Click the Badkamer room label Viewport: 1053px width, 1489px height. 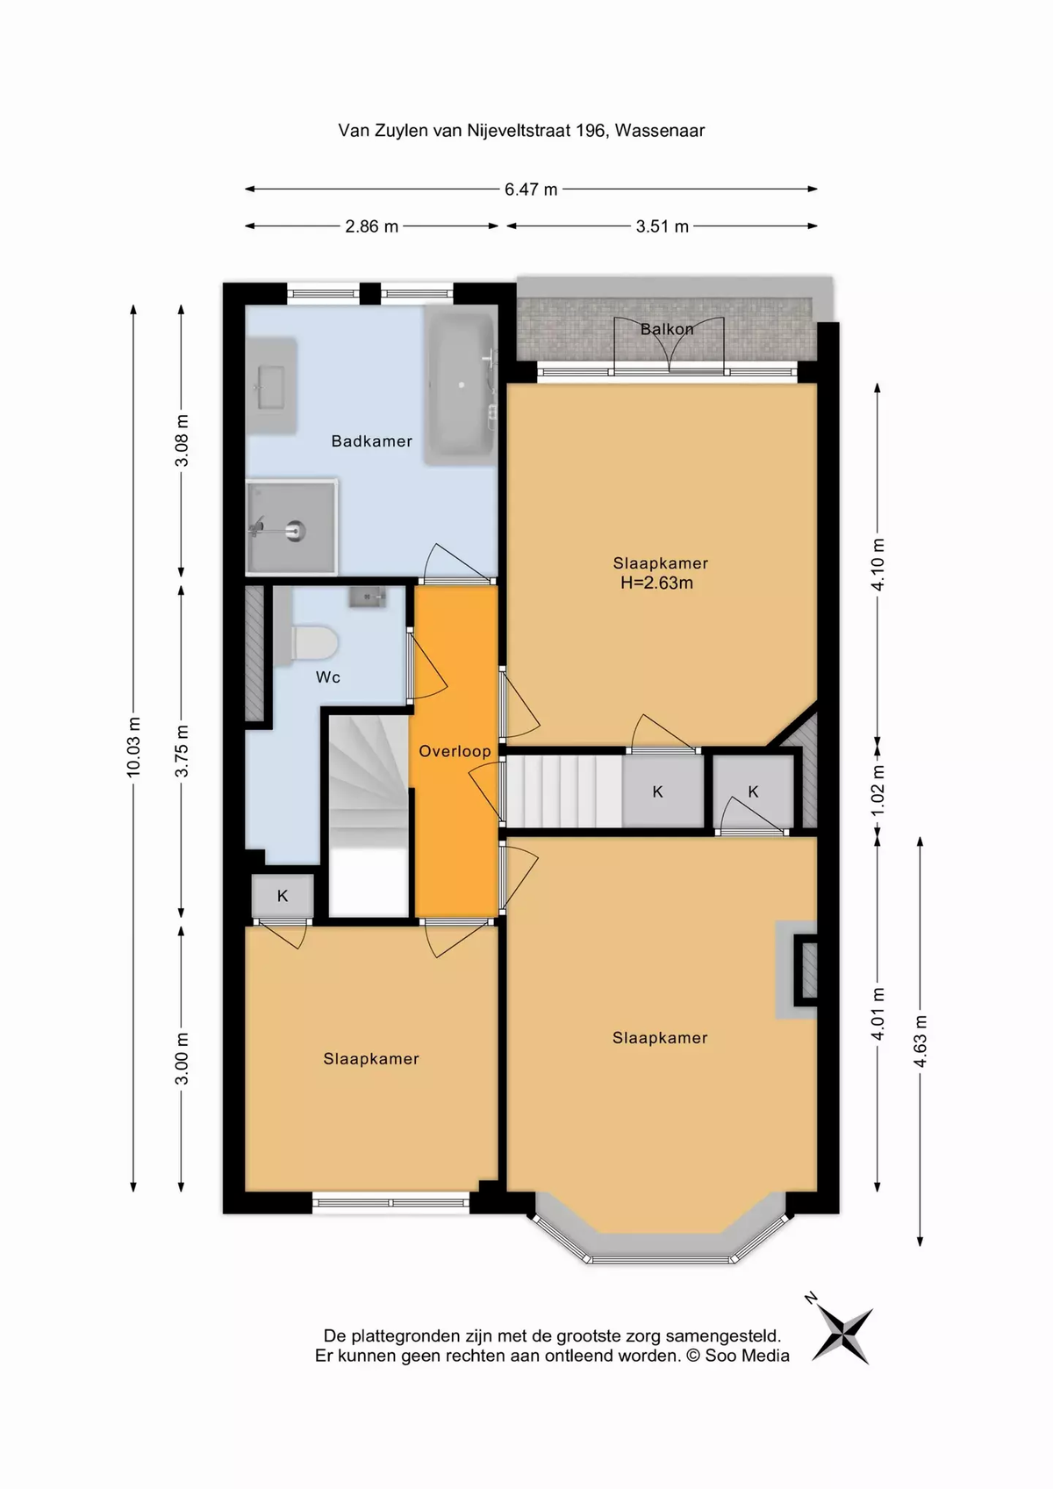[x=371, y=441]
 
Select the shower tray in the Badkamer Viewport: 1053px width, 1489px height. [x=291, y=526]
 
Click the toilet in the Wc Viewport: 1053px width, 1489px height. [x=314, y=641]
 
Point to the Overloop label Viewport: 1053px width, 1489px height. [x=455, y=751]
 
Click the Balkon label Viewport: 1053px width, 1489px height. [x=667, y=329]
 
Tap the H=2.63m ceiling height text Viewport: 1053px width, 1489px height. [x=656, y=583]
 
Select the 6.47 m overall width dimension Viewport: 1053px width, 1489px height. [x=531, y=189]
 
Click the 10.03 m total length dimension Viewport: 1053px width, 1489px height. [x=133, y=747]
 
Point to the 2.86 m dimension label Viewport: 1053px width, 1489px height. [x=371, y=226]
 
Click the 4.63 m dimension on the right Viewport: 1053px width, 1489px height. [x=920, y=1041]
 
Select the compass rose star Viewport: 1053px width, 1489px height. [x=842, y=1335]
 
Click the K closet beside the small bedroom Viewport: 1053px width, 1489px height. [x=283, y=896]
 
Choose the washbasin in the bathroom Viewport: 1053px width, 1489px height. [x=271, y=386]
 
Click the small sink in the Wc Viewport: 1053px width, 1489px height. [x=368, y=598]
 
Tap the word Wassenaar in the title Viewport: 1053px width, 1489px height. [x=660, y=131]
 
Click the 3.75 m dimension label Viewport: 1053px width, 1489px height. [x=182, y=751]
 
